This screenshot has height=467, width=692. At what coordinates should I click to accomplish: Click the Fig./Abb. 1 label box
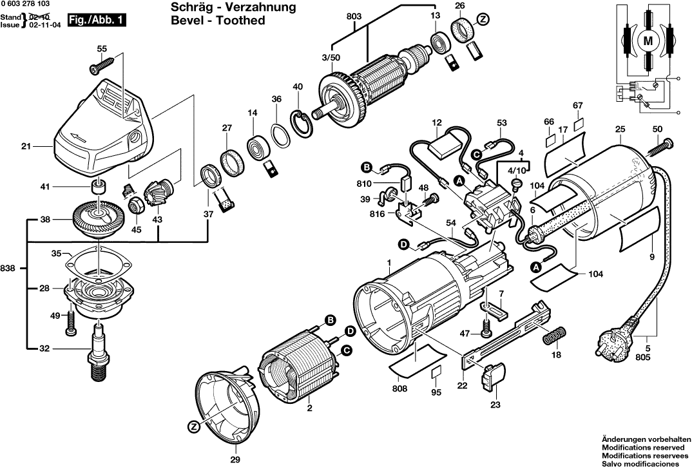click(96, 21)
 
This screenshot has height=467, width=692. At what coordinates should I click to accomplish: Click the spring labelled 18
click(555, 335)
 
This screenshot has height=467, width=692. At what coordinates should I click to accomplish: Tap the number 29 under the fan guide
click(235, 459)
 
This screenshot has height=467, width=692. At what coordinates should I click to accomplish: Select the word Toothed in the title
click(241, 21)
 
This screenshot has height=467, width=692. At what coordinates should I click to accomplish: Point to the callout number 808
click(399, 388)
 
